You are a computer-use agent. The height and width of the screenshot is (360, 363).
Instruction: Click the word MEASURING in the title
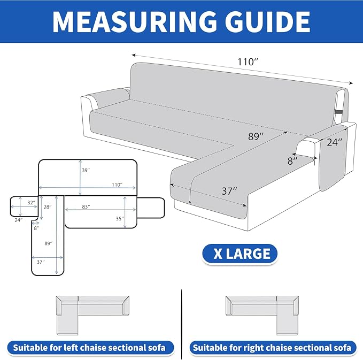point(134,21)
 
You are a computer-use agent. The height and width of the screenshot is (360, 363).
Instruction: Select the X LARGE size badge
point(240,254)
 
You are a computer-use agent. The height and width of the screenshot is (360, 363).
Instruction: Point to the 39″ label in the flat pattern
point(86,170)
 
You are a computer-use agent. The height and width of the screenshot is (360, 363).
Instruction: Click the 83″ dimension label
point(86,206)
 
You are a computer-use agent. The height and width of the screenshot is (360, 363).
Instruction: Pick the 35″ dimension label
point(120,218)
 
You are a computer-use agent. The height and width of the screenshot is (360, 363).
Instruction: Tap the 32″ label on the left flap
point(31,203)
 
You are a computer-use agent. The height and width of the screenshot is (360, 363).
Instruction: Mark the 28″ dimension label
point(48,207)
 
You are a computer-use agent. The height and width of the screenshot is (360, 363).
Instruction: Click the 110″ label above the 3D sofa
point(248,62)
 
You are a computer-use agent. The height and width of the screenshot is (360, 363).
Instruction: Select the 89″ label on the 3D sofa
point(256,136)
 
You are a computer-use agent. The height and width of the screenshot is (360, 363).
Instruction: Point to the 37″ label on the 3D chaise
point(229,191)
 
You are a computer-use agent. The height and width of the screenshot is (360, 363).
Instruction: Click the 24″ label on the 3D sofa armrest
point(335,142)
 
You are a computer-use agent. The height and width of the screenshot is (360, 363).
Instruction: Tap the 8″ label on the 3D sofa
point(292,161)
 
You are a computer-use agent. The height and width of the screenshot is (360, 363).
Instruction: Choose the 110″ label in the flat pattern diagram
point(117,185)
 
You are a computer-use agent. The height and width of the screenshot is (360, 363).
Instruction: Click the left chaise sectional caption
point(89,348)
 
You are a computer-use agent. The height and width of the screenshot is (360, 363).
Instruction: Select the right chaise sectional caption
point(272,348)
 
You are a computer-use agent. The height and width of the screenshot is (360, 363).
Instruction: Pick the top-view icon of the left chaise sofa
point(92,315)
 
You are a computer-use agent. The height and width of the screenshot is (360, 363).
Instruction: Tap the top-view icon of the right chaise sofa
point(262,315)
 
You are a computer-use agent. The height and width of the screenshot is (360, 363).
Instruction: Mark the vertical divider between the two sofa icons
point(182,324)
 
